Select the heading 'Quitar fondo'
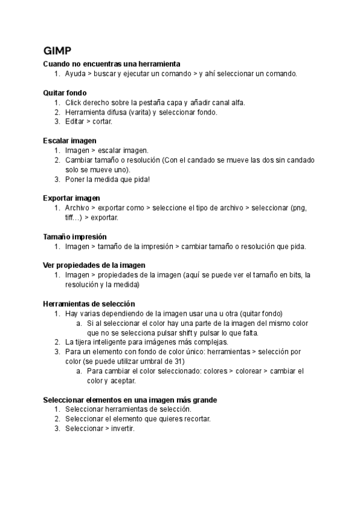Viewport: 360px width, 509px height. pyautogui.click(x=65, y=93)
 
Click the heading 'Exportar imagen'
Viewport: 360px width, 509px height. pyautogui.click(x=71, y=197)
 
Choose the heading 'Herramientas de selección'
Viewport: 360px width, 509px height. pyautogui.click(x=89, y=304)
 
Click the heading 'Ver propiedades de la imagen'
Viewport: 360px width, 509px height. pyautogui.click(x=94, y=265)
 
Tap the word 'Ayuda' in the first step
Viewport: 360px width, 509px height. pyautogui.click(x=75, y=73)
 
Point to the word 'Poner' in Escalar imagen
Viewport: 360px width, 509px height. pyautogui.click(x=76, y=179)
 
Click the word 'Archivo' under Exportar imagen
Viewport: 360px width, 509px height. pyautogui.click(x=77, y=208)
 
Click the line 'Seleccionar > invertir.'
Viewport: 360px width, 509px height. pyautogui.click(x=100, y=429)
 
